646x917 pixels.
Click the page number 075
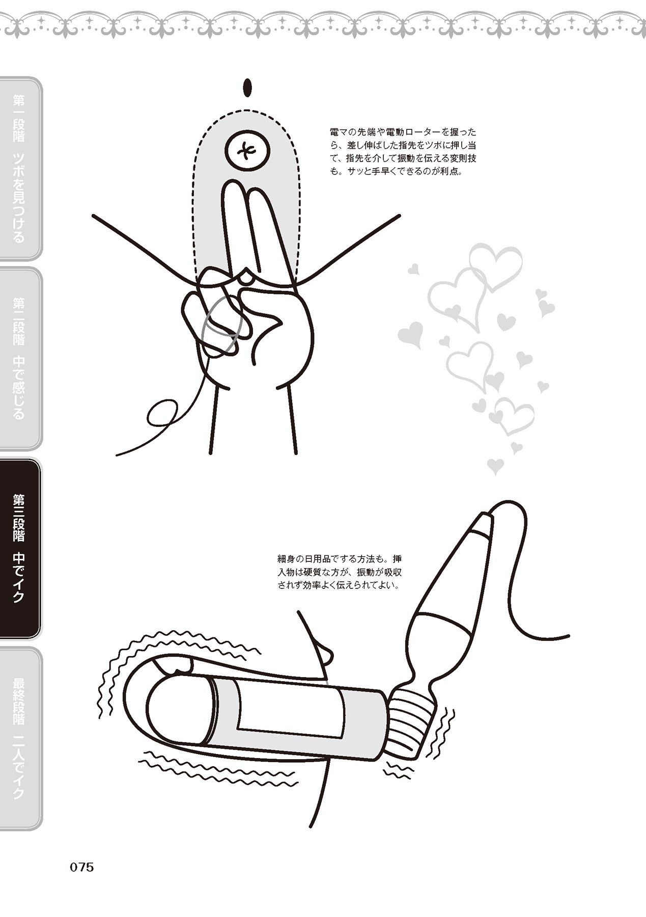coord(82,867)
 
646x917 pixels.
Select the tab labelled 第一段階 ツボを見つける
coord(20,169)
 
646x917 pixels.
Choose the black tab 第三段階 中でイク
coord(20,548)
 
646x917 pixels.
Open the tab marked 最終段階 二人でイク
coord(20,738)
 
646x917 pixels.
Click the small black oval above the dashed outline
coord(248,88)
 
